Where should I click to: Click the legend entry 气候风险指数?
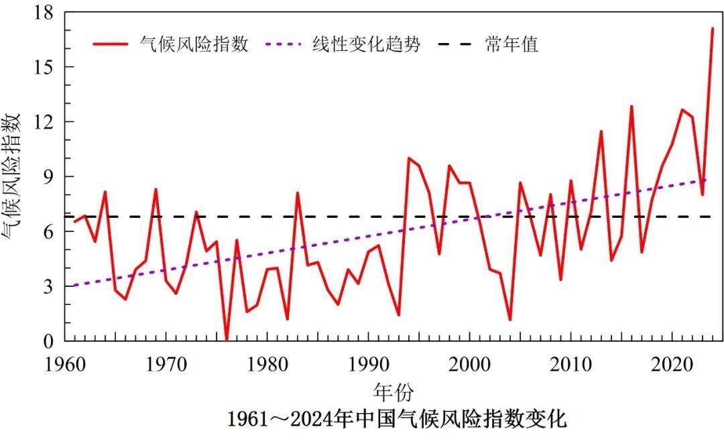(x=194, y=45)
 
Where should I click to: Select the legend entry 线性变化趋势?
(x=366, y=45)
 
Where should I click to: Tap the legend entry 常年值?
(x=511, y=45)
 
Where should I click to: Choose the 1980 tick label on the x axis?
(x=267, y=363)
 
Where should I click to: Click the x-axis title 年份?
(x=394, y=391)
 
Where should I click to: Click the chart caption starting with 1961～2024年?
(x=397, y=420)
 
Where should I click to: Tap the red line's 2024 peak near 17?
(x=712, y=29)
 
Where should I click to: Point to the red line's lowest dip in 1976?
(x=227, y=340)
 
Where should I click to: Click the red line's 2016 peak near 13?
(x=631, y=107)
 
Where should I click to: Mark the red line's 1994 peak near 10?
(x=408, y=158)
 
